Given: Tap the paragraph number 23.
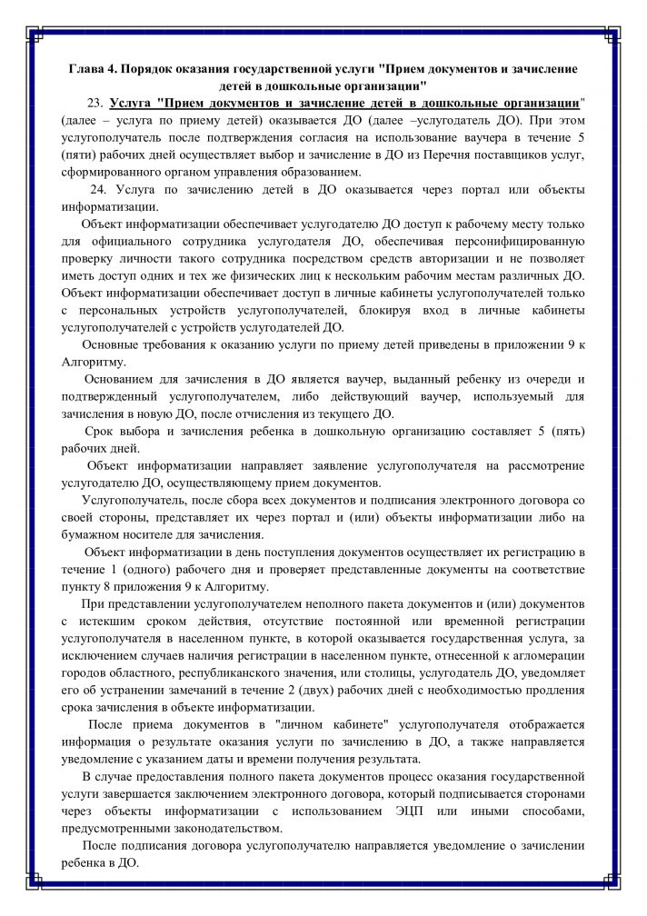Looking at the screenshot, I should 97,103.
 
